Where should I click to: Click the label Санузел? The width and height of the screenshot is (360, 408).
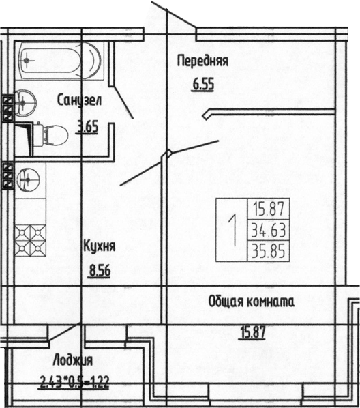point(80,100)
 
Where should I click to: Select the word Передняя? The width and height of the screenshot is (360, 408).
point(202,61)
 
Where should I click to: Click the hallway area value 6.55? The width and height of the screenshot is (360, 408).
point(203,86)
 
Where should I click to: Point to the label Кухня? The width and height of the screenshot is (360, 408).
point(99,246)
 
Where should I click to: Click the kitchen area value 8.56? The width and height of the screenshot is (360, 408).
point(100,272)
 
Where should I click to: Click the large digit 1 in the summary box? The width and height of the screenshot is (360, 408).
point(232,231)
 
